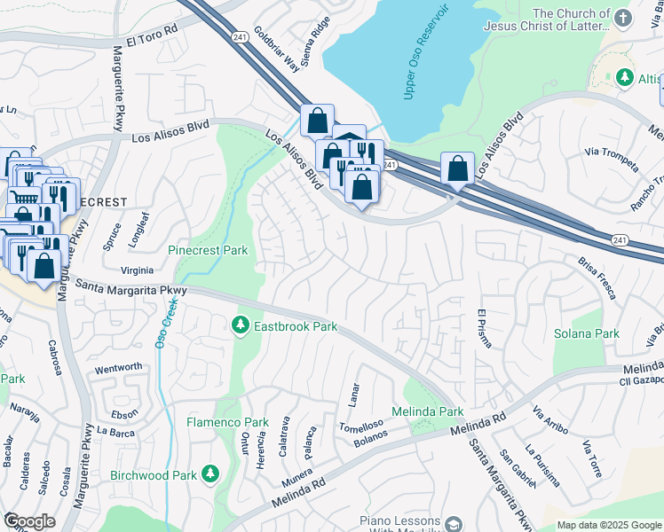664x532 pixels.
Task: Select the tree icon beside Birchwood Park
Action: pyautogui.click(x=210, y=474)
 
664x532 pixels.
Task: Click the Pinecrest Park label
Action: pyautogui.click(x=208, y=251)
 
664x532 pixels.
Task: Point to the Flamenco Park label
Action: pyautogui.click(x=227, y=422)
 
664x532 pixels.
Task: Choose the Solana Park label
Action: pyautogui.click(x=586, y=333)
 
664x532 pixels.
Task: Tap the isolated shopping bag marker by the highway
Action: pyautogui.click(x=456, y=168)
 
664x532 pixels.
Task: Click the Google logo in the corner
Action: pyautogui.click(x=29, y=521)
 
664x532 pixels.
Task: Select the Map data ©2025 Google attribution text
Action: pyautogui.click(x=610, y=525)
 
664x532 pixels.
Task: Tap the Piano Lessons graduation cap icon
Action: pyautogui.click(x=454, y=525)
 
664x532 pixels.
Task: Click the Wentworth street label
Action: pyautogui.click(x=118, y=367)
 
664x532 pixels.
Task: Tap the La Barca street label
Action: pyautogui.click(x=115, y=432)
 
